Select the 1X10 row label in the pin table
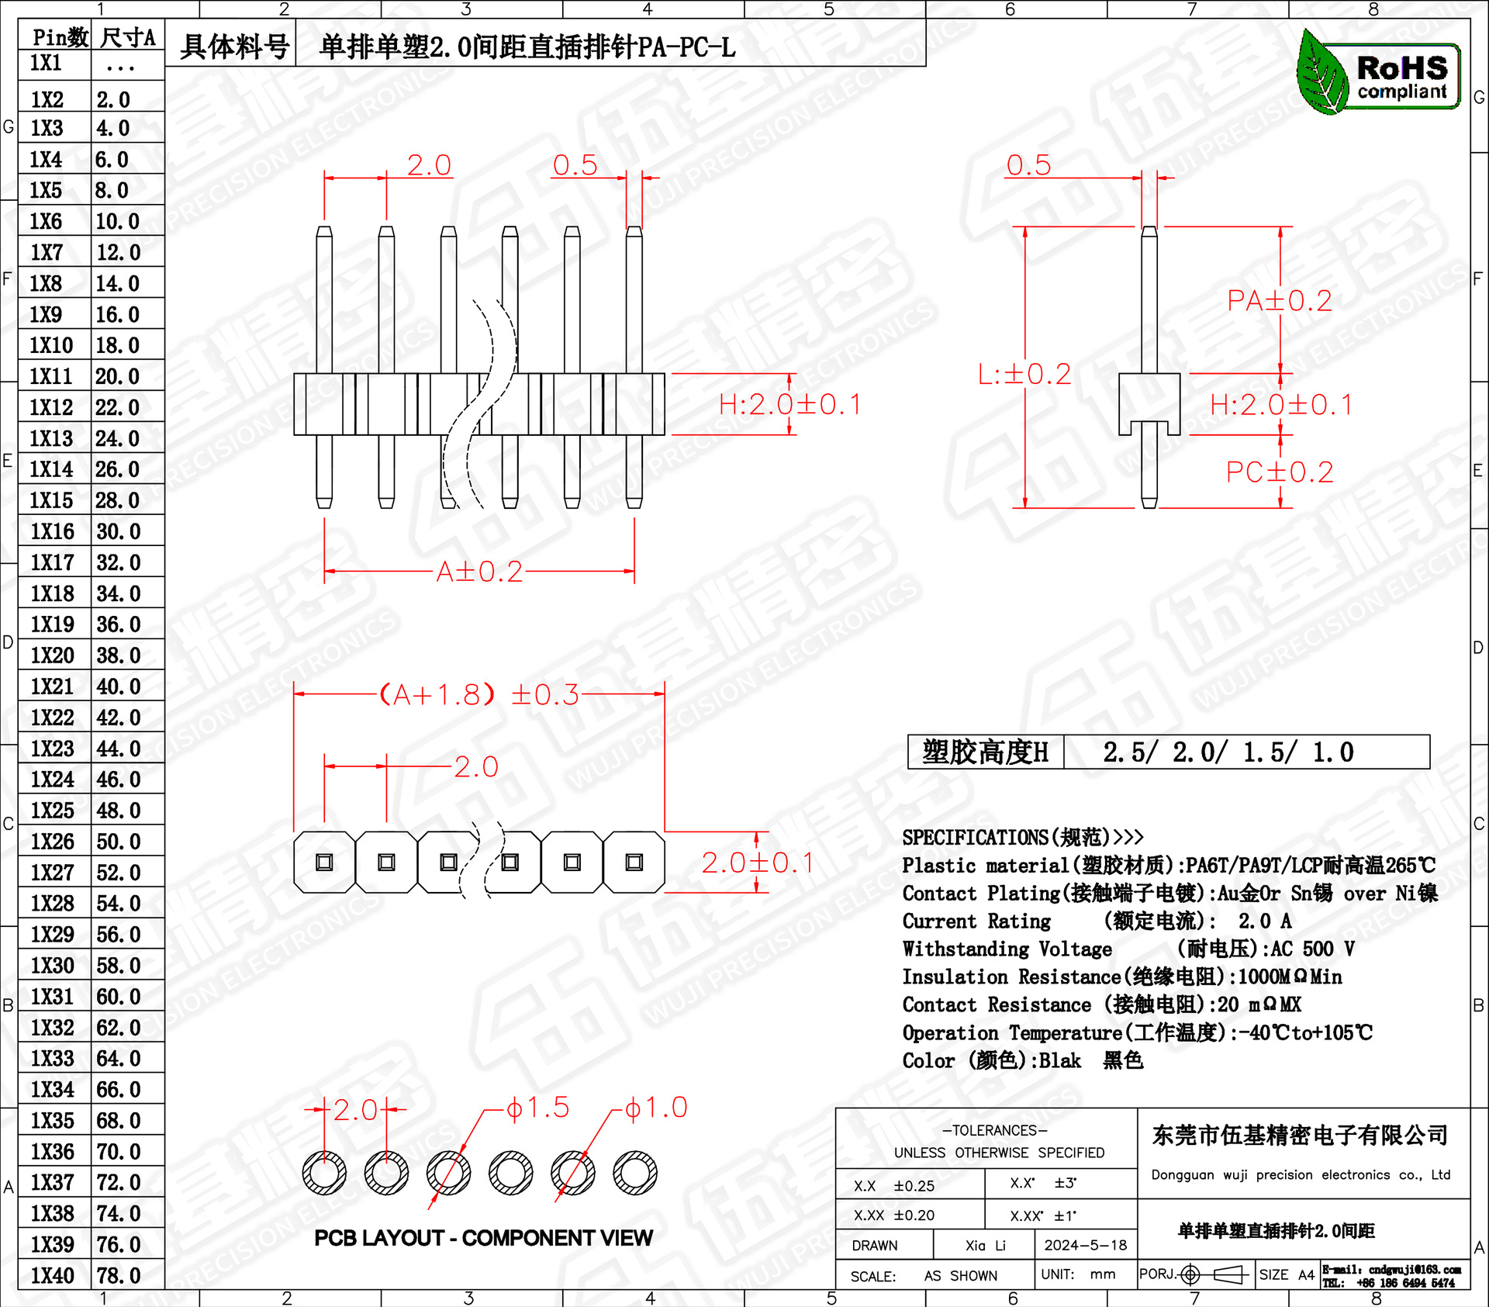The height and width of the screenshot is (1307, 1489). pos(51,345)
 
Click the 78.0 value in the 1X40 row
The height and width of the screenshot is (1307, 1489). pos(118,1275)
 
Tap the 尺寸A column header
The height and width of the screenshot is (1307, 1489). pos(128,37)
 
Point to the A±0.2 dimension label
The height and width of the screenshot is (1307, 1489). pos(479,572)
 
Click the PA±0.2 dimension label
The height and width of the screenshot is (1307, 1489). pos(1280,301)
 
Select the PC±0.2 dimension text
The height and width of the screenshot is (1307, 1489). pos(1280,472)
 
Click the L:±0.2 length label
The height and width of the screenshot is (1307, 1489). pos(1024,375)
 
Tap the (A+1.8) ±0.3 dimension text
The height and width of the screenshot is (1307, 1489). pos(479,694)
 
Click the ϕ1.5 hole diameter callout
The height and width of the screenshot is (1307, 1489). pos(538,1108)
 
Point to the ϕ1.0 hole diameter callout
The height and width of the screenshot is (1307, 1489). pos(656,1108)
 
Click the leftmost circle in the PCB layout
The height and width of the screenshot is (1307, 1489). pos(324,1172)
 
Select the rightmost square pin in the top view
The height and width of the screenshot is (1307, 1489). pos(634,862)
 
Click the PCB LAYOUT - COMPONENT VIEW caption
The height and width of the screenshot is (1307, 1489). pos(483,1238)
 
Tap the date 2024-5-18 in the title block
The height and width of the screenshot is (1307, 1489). pos(1085,1245)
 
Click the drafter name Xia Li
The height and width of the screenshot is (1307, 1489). pos(985,1245)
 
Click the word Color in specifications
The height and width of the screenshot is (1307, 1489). pos(928,1060)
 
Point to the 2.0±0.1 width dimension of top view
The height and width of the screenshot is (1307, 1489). pos(758,863)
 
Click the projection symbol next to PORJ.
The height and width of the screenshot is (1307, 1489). pos(1215,1274)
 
